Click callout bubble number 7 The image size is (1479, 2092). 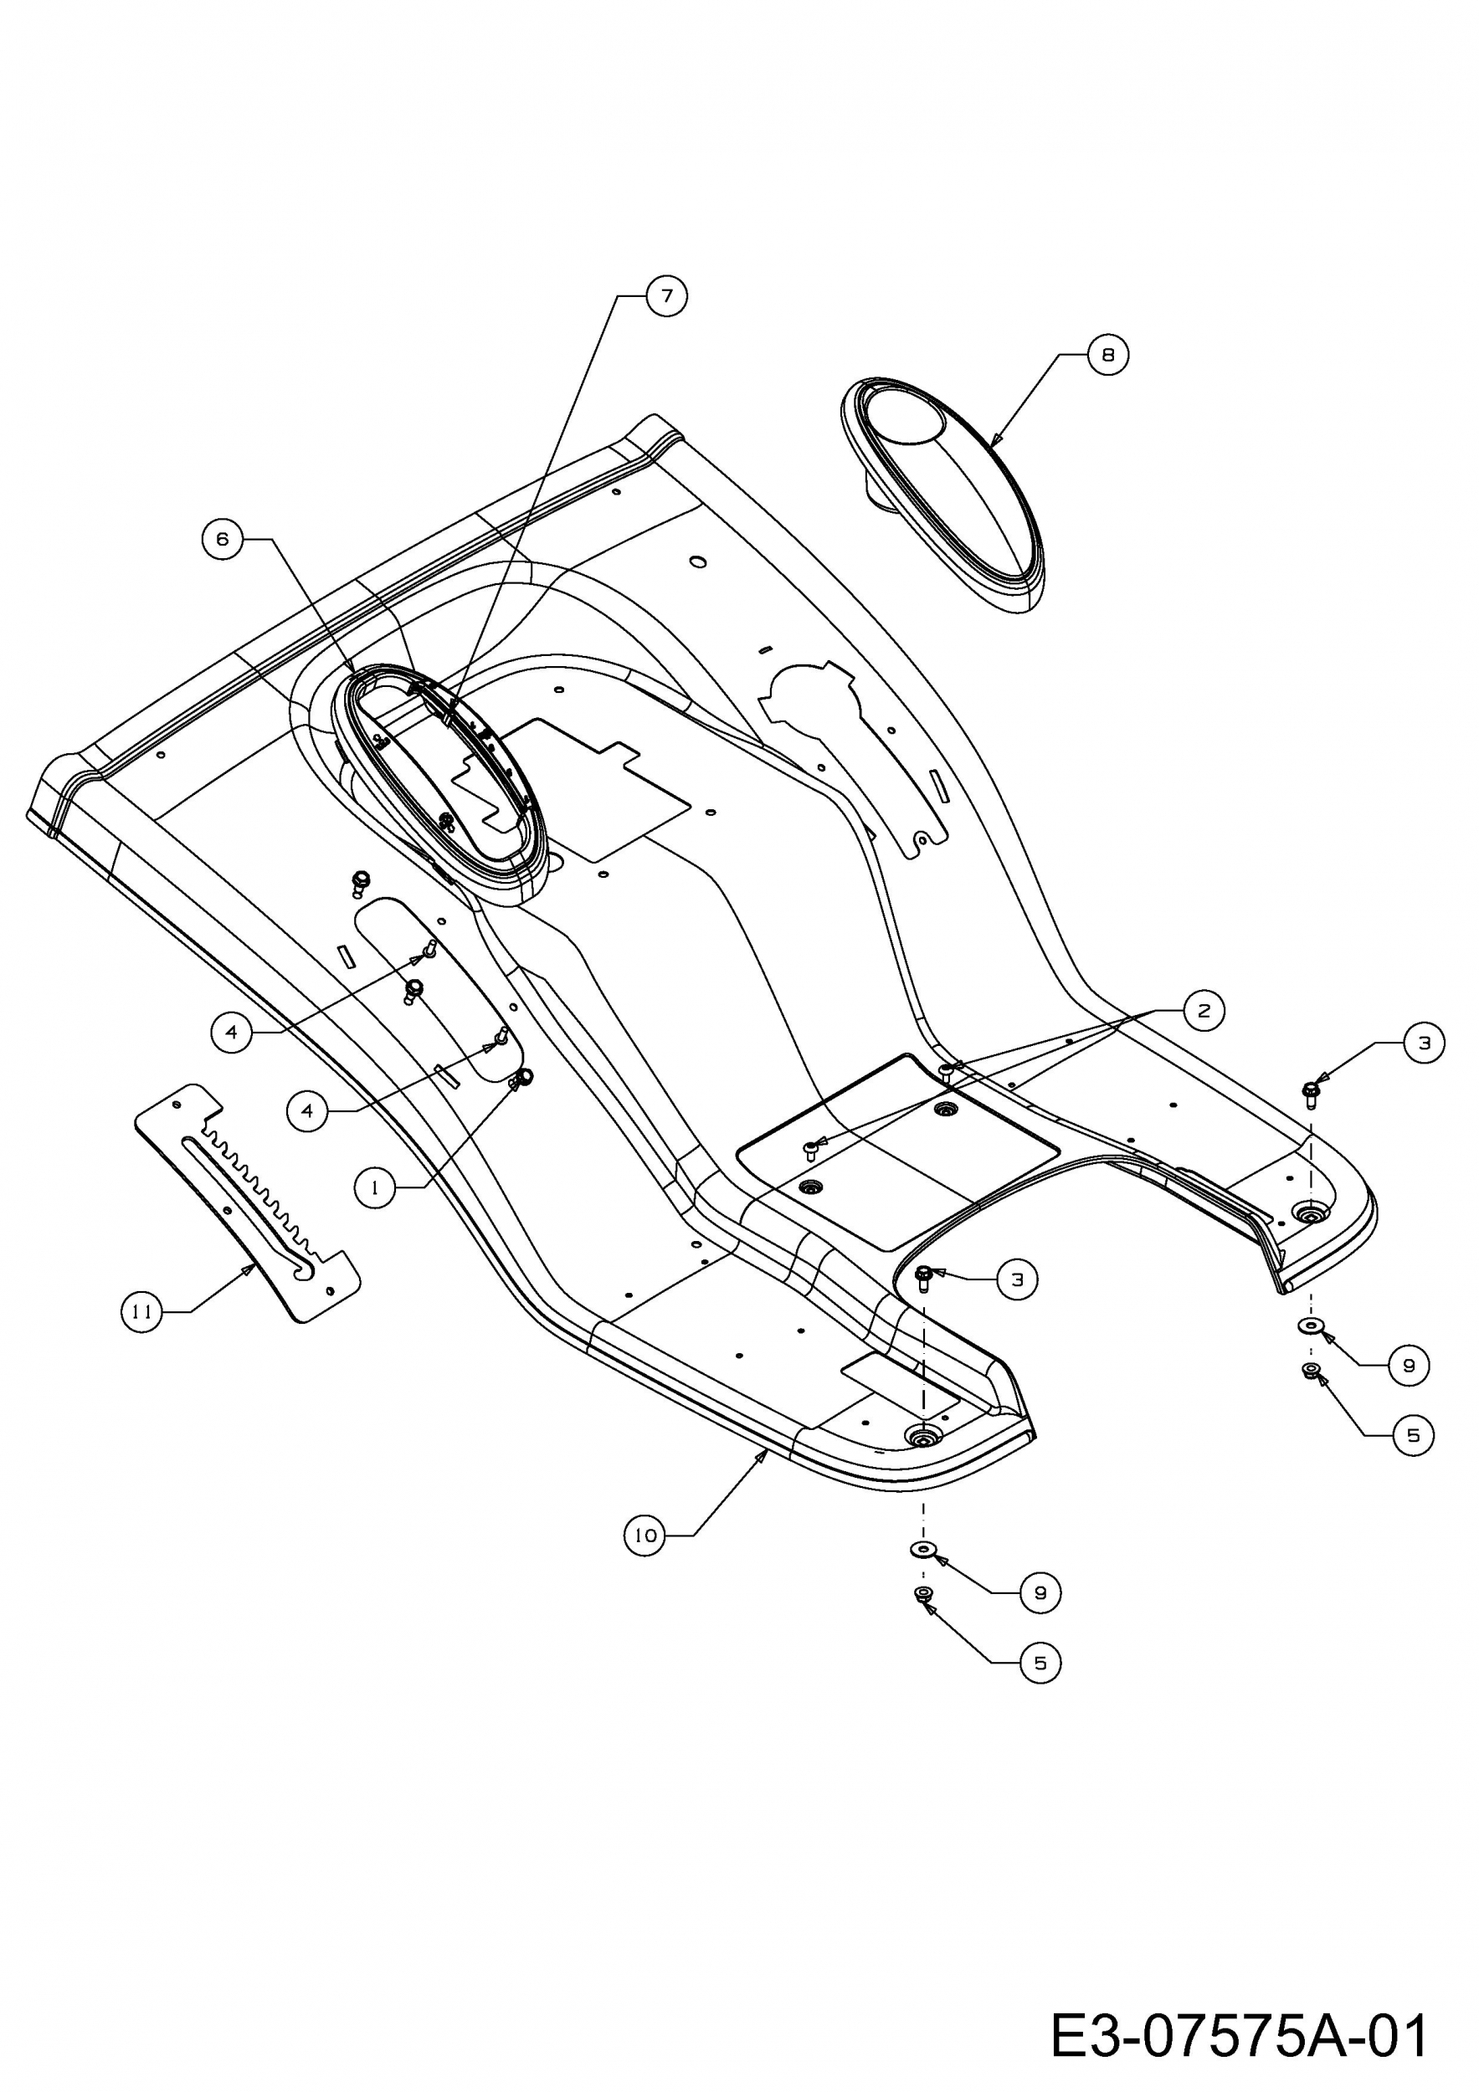(666, 296)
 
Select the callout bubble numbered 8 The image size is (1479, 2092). (1108, 355)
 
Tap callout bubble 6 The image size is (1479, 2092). (223, 540)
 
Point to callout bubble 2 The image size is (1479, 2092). (1204, 1011)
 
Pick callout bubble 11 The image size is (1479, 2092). (141, 1312)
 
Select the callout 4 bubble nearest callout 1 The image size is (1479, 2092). (307, 1111)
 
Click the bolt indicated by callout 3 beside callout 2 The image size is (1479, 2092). (1312, 1091)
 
